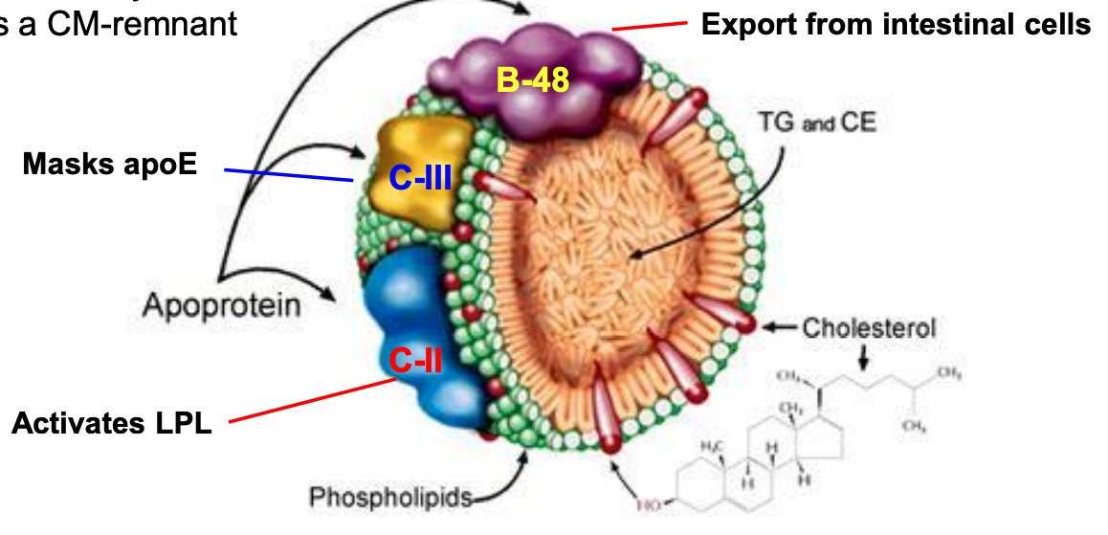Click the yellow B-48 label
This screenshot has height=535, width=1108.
coord(532,78)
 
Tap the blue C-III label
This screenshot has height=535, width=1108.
coord(420,177)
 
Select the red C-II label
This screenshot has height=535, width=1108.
coord(415,359)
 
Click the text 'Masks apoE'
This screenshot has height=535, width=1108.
coord(109,164)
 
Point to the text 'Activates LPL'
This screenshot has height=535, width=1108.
coord(111,422)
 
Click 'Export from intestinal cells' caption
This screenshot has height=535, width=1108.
coord(896,24)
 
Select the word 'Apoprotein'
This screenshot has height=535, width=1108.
coord(221,305)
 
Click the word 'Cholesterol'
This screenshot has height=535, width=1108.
coord(869,327)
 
